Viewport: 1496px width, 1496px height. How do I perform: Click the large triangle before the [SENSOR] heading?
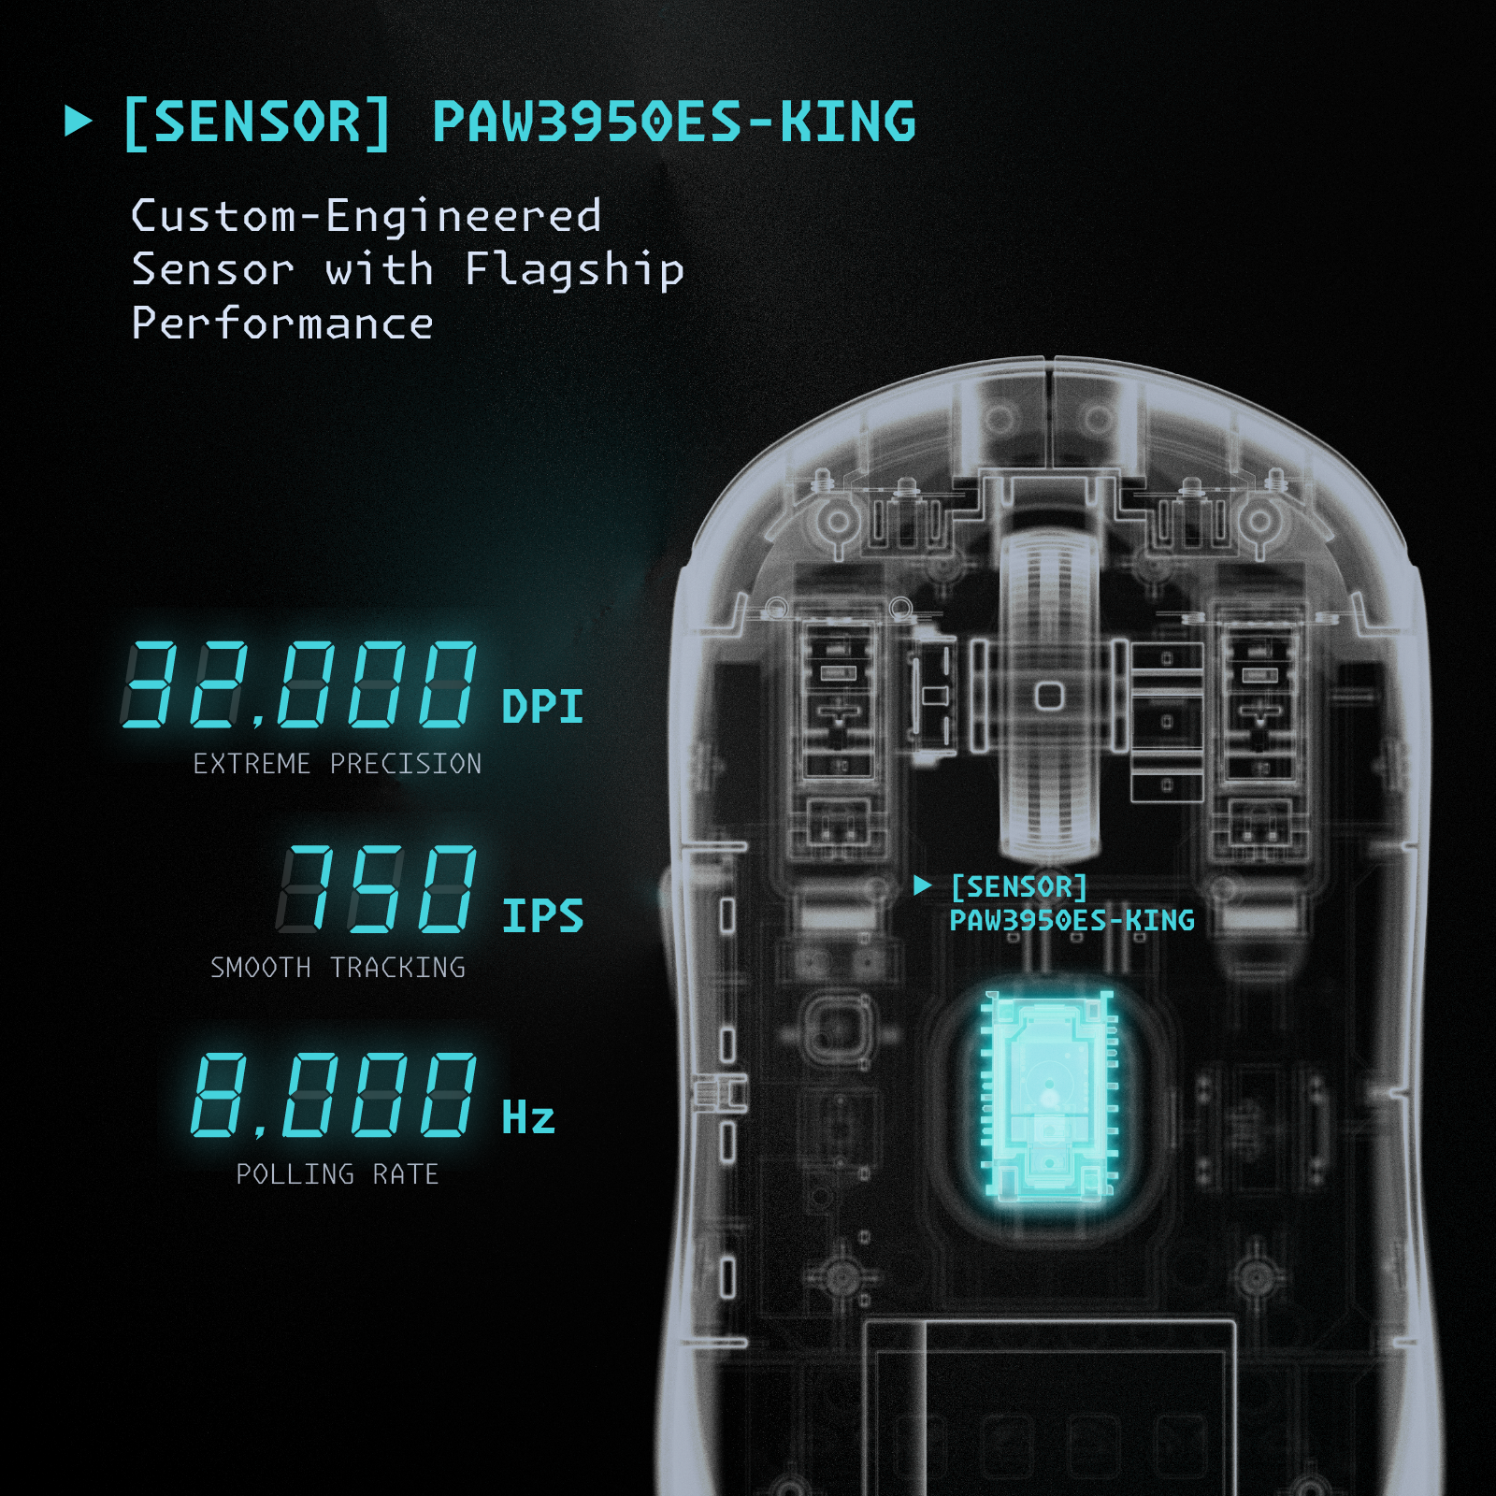coord(78,122)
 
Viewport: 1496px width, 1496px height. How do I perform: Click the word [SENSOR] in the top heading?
coord(257,122)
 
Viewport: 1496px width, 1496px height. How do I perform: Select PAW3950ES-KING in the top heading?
coord(673,122)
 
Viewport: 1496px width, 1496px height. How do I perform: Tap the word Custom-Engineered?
coord(366,216)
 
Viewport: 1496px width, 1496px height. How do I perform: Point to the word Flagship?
coord(574,270)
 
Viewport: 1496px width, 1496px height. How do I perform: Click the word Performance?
coord(282,324)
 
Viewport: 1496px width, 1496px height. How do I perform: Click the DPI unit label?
coord(542,707)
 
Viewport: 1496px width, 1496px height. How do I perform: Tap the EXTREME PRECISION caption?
coord(338,764)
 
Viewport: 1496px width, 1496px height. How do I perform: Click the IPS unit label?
coord(542,916)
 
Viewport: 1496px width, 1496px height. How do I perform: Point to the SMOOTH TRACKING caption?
coord(338,968)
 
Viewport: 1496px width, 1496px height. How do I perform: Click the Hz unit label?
coord(528,1118)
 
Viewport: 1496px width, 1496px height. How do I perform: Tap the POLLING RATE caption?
coord(338,1174)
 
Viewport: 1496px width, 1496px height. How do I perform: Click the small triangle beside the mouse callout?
coord(923,885)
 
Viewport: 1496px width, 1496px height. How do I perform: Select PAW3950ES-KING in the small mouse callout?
coord(1072,921)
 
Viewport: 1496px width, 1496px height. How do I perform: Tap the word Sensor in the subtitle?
coord(212,270)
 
